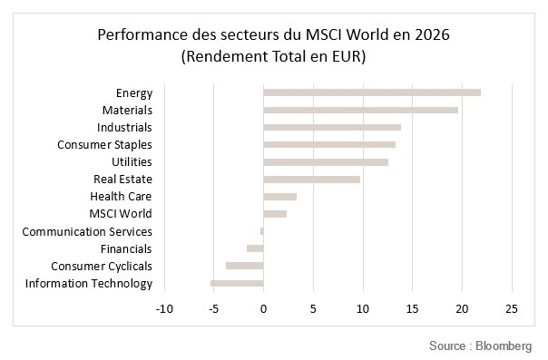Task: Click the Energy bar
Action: click(372, 92)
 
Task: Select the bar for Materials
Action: click(361, 110)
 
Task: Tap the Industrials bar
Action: click(332, 127)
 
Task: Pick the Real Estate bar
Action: click(312, 180)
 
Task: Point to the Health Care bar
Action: click(280, 197)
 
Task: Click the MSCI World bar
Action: click(275, 214)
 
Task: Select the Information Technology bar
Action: click(237, 283)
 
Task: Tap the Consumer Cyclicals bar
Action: click(245, 266)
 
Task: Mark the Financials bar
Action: click(255, 248)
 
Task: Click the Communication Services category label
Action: click(87, 231)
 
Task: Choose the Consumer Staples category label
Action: click(104, 144)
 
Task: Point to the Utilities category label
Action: click(132, 161)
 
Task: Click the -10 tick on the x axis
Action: click(164, 308)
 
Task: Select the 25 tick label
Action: click(512, 308)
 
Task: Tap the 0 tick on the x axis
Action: click(263, 308)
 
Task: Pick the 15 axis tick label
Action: click(413, 308)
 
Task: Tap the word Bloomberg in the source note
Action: click(504, 345)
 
